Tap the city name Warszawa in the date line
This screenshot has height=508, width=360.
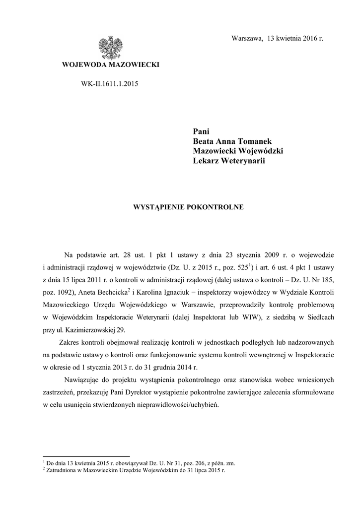tap(247, 39)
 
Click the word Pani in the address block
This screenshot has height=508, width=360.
tap(201, 131)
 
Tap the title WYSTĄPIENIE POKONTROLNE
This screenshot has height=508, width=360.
tap(187, 207)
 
